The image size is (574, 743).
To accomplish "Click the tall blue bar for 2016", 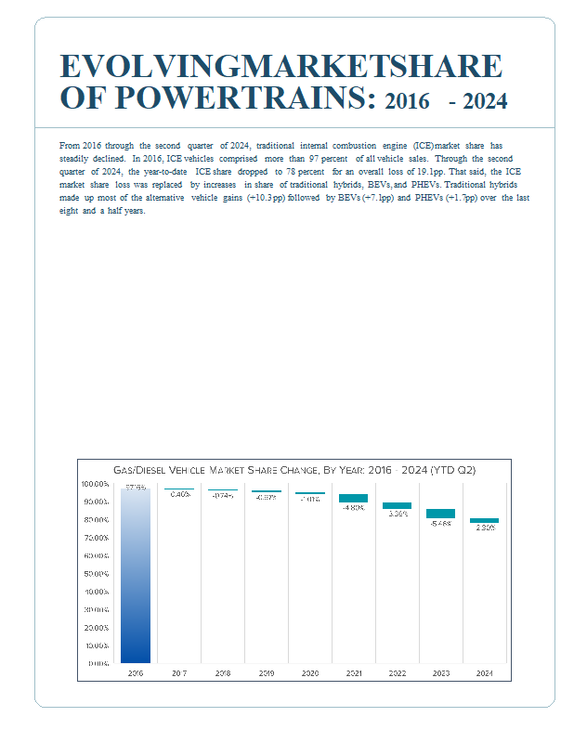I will [135, 576].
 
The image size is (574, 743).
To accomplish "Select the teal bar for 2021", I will [353, 498].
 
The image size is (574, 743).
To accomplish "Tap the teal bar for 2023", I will [440, 514].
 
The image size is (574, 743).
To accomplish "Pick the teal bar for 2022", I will [397, 505].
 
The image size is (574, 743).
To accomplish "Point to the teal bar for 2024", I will [484, 520].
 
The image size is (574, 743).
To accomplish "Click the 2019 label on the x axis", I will [266, 672].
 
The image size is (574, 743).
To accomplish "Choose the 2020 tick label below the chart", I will [309, 672].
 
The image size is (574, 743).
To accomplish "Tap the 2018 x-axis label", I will [222, 672].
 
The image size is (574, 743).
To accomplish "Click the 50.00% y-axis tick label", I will [97, 574].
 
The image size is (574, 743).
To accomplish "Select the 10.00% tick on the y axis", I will [97, 645].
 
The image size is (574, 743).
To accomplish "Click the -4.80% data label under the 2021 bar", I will [353, 508].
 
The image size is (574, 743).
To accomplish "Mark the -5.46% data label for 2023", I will [440, 523].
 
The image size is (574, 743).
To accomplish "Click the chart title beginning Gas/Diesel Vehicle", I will [294, 471].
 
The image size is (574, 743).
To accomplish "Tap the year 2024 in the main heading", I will [485, 100].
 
